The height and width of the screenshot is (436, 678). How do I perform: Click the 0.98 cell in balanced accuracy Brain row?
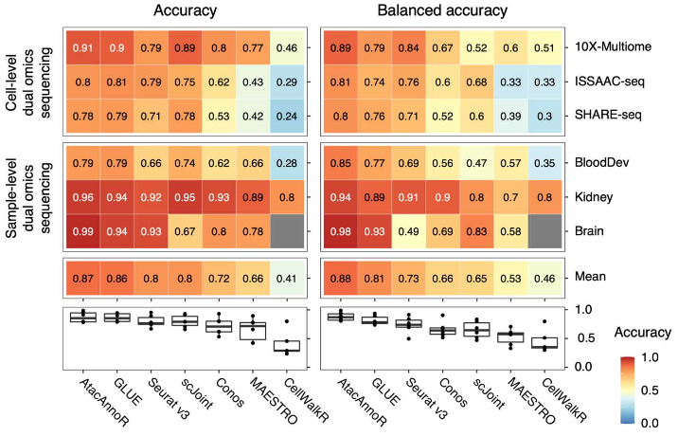(x=340, y=233)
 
